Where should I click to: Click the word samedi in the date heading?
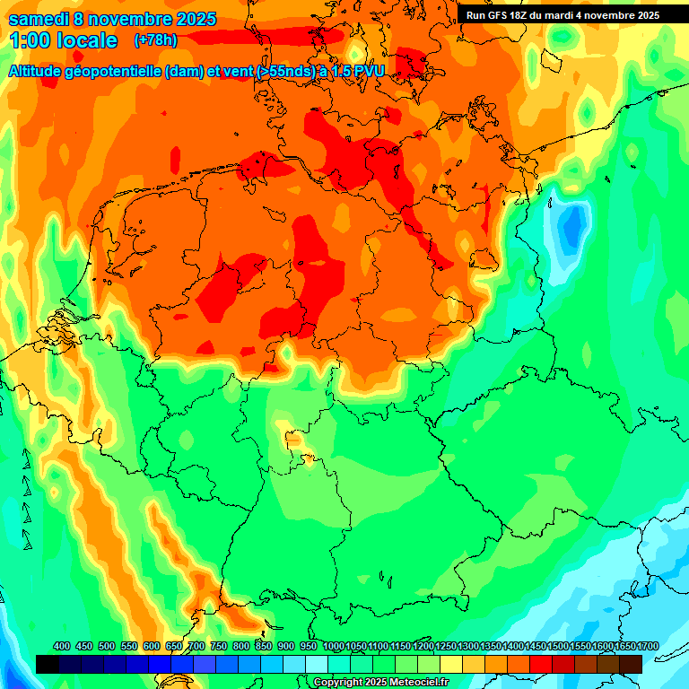click(x=41, y=19)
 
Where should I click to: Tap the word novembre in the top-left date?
click(x=129, y=19)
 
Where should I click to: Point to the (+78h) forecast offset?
click(x=155, y=40)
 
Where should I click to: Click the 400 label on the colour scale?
click(x=62, y=646)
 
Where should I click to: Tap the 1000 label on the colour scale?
click(x=334, y=646)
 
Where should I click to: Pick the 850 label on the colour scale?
click(x=264, y=646)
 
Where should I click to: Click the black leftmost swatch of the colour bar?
click(x=48, y=664)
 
